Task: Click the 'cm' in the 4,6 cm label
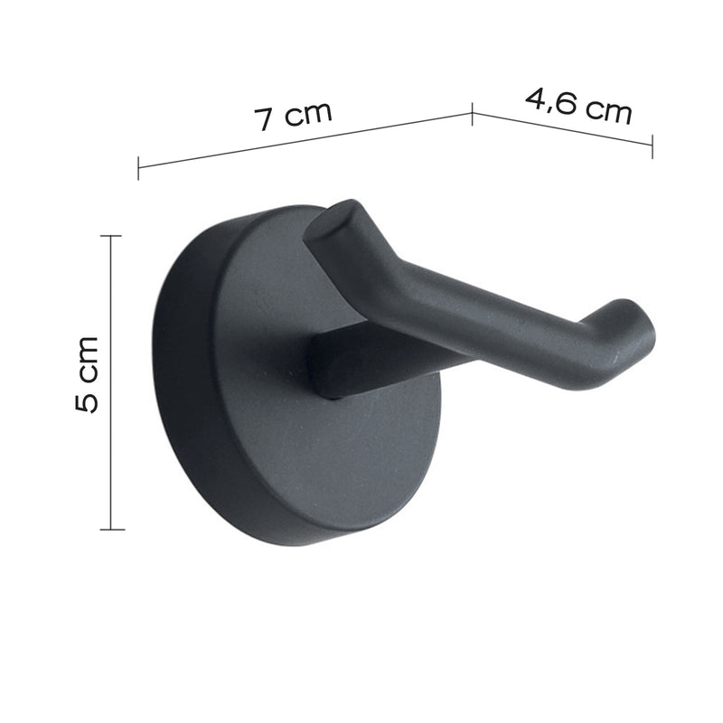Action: click(x=606, y=111)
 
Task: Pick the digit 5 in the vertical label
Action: click(x=87, y=400)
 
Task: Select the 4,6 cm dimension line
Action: click(x=561, y=127)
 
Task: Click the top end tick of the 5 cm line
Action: click(x=111, y=236)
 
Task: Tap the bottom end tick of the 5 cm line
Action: click(x=111, y=529)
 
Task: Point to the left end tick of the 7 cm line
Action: click(x=138, y=167)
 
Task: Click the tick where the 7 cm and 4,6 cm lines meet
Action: click(x=472, y=113)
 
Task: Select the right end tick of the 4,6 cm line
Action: click(x=652, y=146)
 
